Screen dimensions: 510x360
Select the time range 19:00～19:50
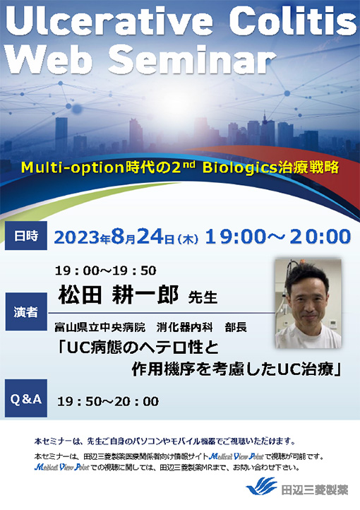pos(106,271)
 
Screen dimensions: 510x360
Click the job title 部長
pos(236,328)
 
